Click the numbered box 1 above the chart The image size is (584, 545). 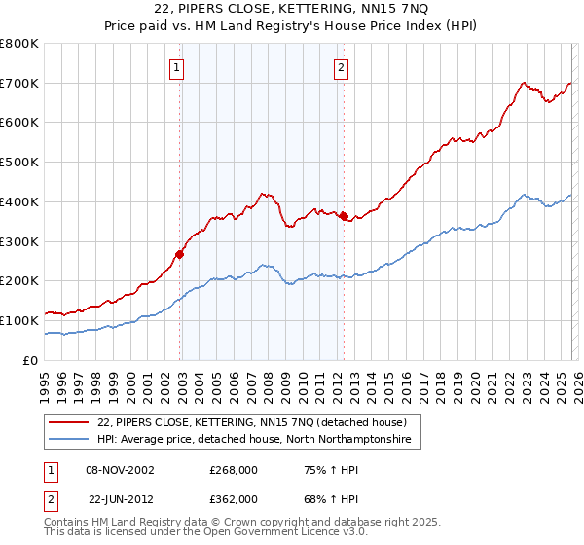177,67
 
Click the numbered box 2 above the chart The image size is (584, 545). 342,67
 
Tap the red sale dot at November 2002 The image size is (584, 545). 179,254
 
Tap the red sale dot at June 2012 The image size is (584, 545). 344,216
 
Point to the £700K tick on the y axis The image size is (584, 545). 20,84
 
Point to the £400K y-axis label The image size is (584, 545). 20,201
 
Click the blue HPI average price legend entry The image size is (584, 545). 254,440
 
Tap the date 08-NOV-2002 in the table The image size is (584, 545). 121,469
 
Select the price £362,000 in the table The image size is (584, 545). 234,498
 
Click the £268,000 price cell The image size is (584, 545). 234,469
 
